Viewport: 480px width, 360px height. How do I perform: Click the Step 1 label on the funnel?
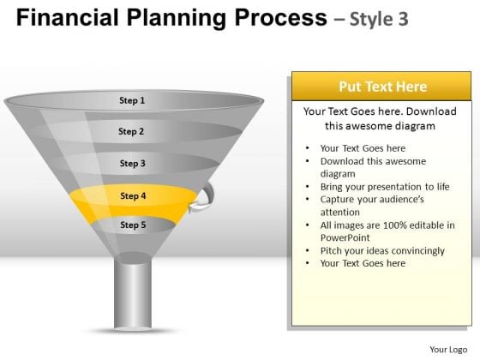coord(132,100)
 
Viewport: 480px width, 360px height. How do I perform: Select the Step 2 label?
coord(131,131)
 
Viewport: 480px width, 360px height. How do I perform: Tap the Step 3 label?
coord(133,163)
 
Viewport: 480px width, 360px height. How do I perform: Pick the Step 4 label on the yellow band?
coord(133,195)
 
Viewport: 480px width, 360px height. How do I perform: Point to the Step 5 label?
coord(133,225)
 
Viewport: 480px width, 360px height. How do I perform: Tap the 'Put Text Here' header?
coord(382,87)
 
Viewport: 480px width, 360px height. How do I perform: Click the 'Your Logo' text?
coord(448,350)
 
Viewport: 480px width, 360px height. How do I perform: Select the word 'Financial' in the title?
coord(68,17)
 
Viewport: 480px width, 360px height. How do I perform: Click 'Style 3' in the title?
coord(379,19)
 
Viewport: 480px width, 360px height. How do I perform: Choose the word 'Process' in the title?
coord(281,17)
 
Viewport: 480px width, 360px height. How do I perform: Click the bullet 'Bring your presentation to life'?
coord(385,187)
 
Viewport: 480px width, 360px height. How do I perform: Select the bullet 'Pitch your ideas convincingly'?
coord(382,250)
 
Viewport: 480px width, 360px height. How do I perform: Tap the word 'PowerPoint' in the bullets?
coord(345,237)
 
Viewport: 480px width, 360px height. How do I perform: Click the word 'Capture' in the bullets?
coord(335,200)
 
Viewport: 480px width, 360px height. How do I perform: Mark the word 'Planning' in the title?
coord(177,18)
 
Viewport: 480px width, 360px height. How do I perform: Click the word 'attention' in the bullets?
coord(340,213)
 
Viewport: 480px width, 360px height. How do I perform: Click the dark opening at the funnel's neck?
coord(133,257)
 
